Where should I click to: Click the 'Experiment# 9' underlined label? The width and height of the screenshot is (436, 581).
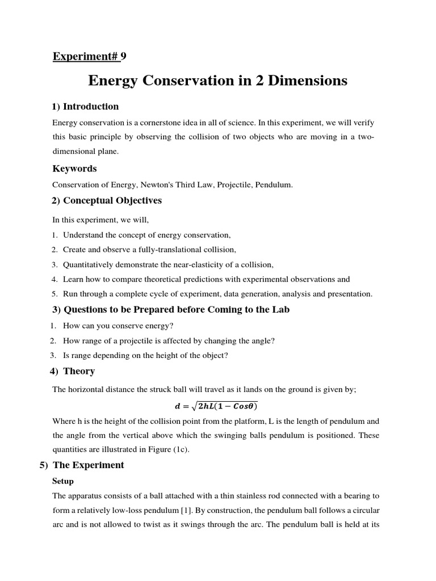(x=90, y=56)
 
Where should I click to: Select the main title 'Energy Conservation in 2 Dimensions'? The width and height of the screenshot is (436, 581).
(x=217, y=81)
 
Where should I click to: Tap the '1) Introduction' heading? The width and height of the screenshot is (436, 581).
(x=86, y=106)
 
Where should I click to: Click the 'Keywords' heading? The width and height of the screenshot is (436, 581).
(x=74, y=169)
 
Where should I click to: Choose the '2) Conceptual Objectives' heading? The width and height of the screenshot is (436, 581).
(x=107, y=200)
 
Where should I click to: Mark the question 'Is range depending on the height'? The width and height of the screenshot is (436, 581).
(x=145, y=355)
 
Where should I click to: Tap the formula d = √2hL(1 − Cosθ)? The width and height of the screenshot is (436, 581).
(x=215, y=406)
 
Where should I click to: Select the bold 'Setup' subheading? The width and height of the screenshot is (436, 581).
(x=63, y=481)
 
